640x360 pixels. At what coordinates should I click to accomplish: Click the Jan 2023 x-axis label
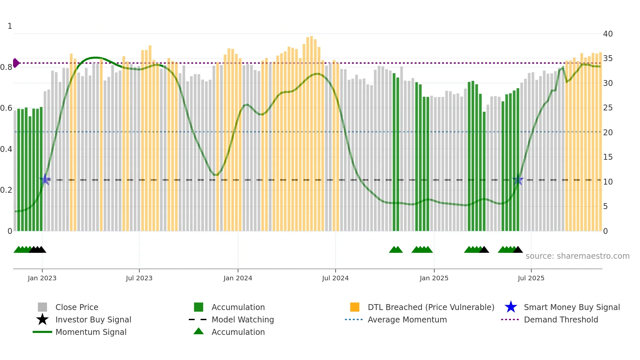(x=42, y=278)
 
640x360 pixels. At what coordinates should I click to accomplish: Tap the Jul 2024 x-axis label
(x=335, y=278)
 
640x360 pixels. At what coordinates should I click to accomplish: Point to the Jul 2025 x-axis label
(x=531, y=278)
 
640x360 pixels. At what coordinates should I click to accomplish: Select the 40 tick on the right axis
(x=608, y=34)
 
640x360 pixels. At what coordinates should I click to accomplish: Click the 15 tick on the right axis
(x=608, y=157)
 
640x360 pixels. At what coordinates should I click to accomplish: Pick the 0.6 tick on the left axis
(x=6, y=108)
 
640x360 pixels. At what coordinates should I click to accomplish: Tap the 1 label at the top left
(x=10, y=26)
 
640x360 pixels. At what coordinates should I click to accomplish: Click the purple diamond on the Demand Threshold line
(x=16, y=63)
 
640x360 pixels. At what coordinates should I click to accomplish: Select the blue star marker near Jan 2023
(x=45, y=180)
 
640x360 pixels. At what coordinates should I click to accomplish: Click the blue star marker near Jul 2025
(x=518, y=180)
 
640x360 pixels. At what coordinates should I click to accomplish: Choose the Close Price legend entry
(x=76, y=307)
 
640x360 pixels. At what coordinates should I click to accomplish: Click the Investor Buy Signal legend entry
(x=93, y=319)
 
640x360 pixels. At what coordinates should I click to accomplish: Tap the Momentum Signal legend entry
(x=91, y=332)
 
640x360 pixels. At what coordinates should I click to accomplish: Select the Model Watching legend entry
(x=242, y=319)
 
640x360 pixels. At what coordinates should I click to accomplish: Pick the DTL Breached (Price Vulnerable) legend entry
(x=431, y=307)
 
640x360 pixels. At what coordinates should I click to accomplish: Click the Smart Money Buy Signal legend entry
(x=571, y=307)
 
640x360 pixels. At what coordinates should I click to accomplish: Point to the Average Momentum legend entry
(x=407, y=319)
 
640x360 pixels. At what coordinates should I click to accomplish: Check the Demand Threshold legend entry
(x=561, y=319)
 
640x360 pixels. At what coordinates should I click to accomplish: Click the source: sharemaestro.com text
(x=577, y=256)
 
